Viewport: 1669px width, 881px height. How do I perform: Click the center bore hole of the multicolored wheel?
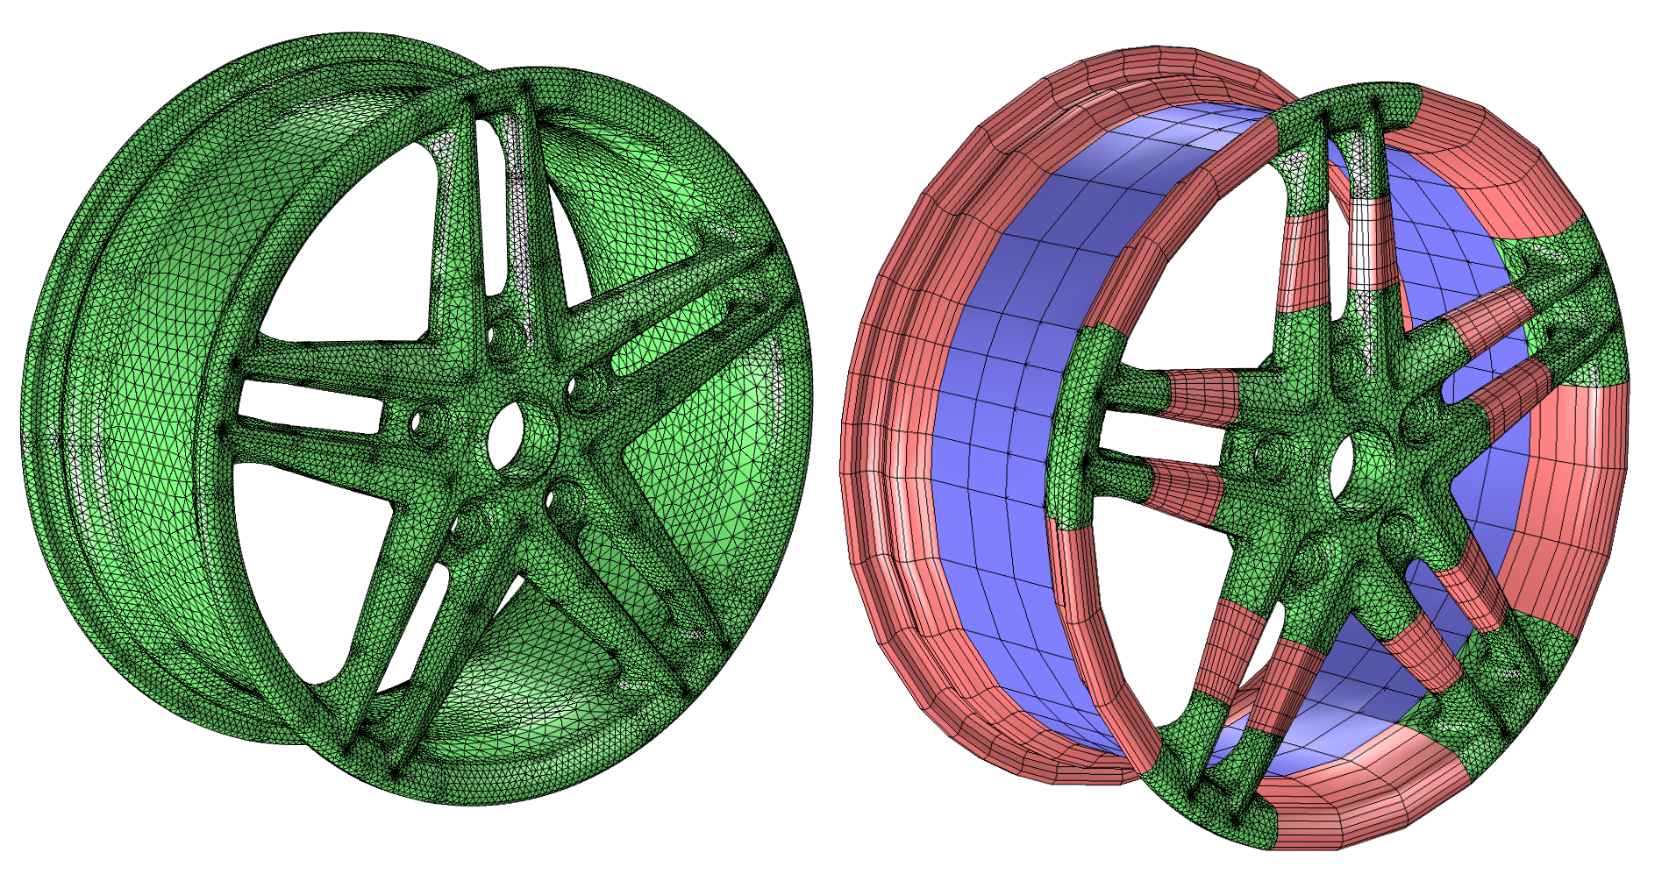point(1343,465)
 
